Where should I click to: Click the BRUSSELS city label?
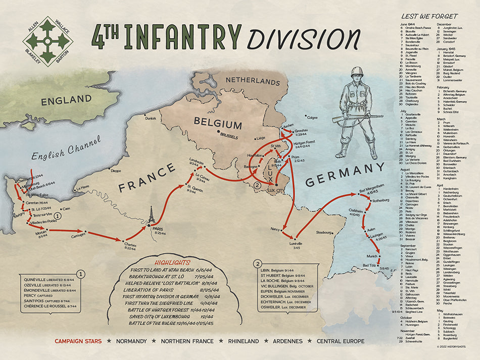tap(229, 135)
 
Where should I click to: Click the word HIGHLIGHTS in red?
tap(172, 263)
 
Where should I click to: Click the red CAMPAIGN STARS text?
tap(78, 341)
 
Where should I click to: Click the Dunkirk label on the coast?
tap(151, 119)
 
